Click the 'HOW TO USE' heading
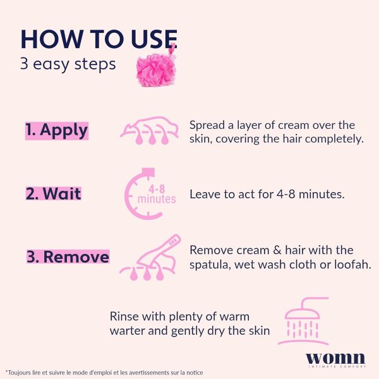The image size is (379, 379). click(x=99, y=39)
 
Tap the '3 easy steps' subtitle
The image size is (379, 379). click(x=68, y=64)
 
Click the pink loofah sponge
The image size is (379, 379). click(x=156, y=69)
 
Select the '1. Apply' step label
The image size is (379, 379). click(x=57, y=131)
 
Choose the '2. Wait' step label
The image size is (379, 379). click(x=54, y=194)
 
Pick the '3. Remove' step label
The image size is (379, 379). click(x=68, y=256)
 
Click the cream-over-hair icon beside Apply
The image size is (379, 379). click(x=149, y=131)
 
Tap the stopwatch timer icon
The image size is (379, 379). click(x=149, y=194)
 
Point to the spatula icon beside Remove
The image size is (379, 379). click(x=150, y=257)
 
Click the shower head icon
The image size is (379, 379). click(x=304, y=321)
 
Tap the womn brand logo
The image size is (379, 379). click(x=335, y=360)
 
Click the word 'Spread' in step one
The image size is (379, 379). click(x=207, y=126)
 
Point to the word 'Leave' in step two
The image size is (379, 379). click(x=205, y=194)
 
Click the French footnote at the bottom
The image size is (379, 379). click(x=104, y=372)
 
